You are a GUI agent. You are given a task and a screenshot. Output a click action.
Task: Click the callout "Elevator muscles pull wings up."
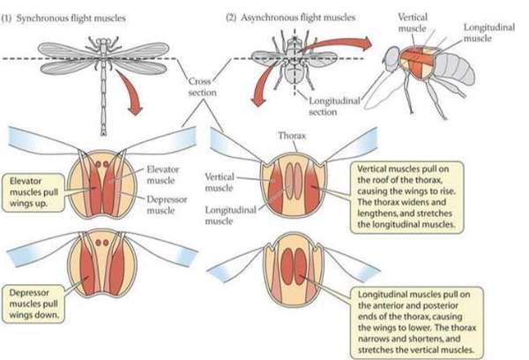pos(34,188)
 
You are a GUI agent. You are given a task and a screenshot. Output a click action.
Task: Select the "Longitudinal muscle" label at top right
pos(482,33)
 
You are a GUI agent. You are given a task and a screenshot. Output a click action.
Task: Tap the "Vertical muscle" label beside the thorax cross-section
pos(223,183)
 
